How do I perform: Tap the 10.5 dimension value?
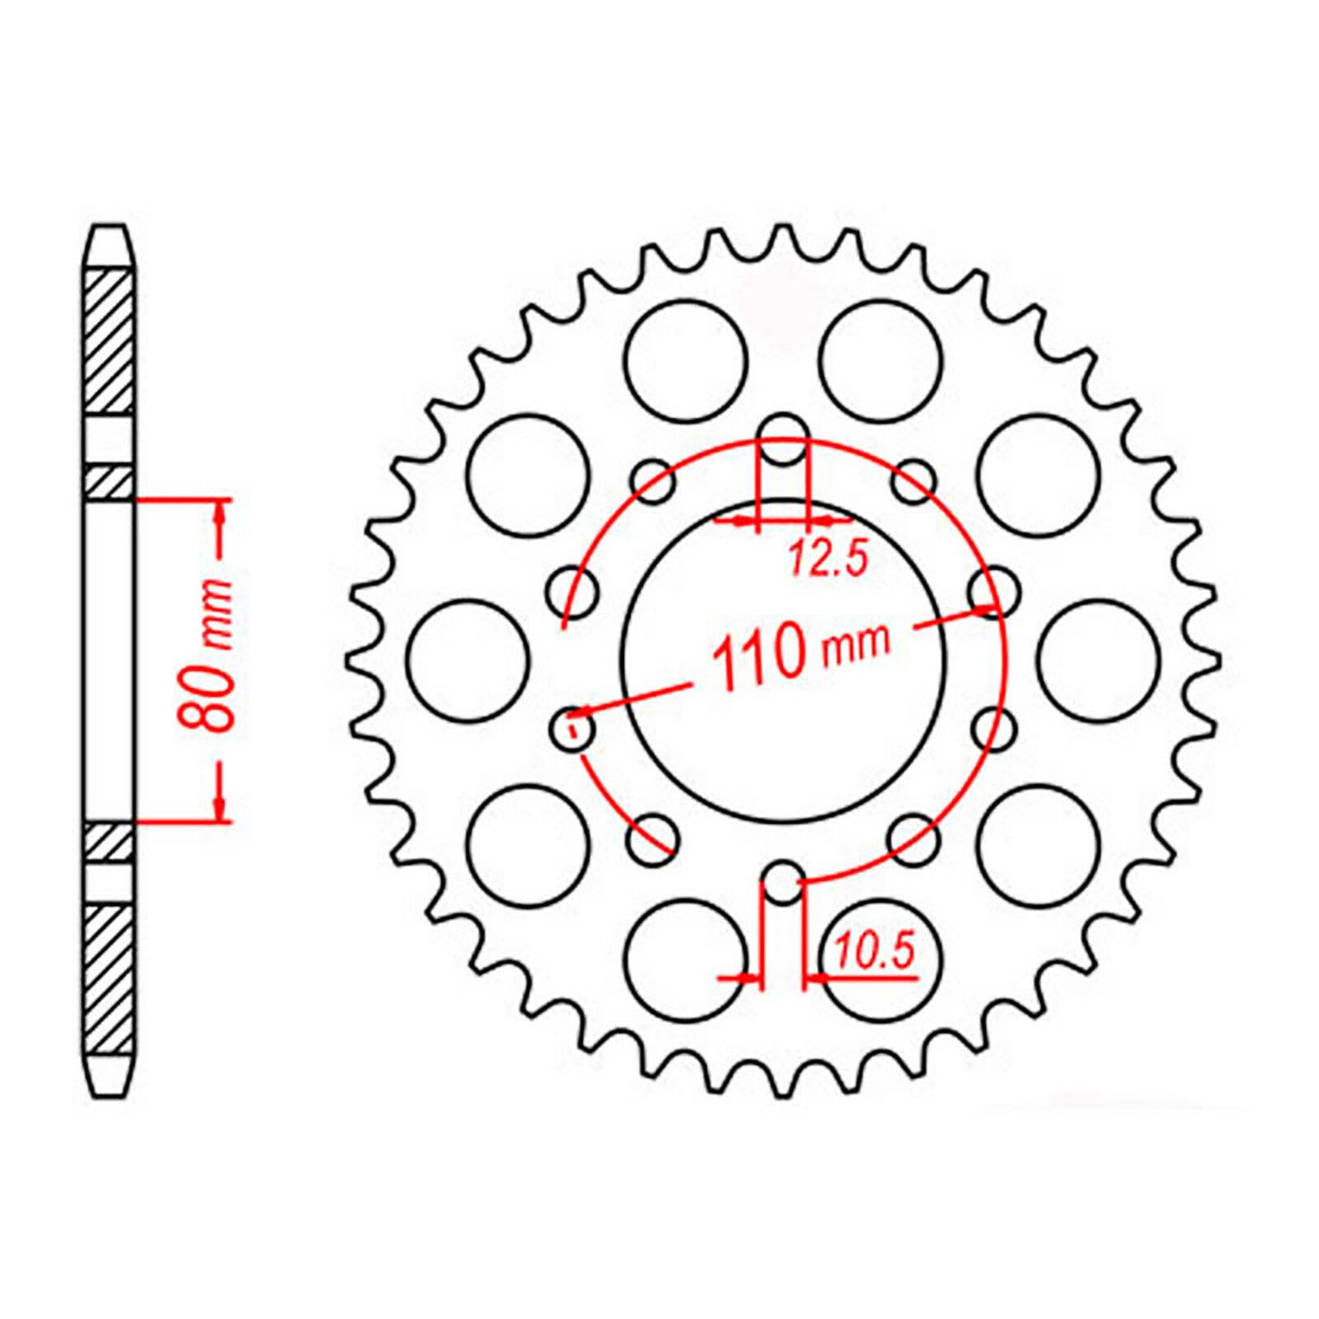pyautogui.click(x=875, y=952)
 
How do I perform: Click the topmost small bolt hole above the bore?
pyautogui.click(x=782, y=437)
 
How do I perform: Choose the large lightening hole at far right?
pyautogui.click(x=1099, y=660)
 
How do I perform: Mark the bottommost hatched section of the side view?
pyautogui.click(x=109, y=977)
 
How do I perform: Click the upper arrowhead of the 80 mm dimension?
pyautogui.click(x=219, y=516)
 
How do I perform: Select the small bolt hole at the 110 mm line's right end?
pyautogui.click(x=993, y=592)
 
